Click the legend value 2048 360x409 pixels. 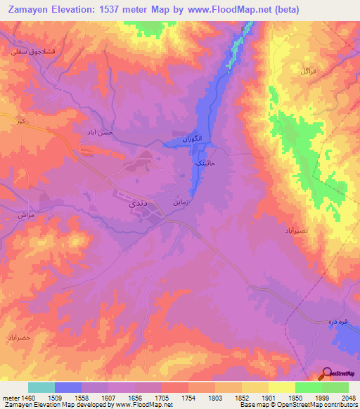click(347, 397)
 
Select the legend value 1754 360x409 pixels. click(188, 397)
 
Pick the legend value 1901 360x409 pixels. click(268, 397)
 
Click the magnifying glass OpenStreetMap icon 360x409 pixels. click(327, 374)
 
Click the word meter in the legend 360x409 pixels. click(10, 397)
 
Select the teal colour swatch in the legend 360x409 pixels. click(41, 387)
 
